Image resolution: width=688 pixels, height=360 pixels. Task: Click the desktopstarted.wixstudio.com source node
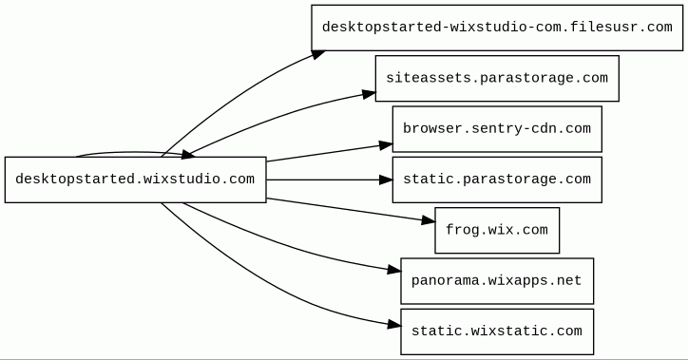[136, 180]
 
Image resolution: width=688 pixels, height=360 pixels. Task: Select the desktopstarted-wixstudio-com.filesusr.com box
[497, 28]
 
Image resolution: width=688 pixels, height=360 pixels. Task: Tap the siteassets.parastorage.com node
[497, 79]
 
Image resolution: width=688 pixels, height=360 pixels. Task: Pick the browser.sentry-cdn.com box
[497, 129]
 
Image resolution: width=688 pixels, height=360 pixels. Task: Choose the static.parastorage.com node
[497, 180]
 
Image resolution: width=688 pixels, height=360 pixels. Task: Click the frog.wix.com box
[497, 230]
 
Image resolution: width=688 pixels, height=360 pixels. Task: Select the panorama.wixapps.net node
[497, 281]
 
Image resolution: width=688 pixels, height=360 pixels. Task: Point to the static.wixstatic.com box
[497, 332]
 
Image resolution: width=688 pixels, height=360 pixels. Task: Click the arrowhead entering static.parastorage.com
[386, 180]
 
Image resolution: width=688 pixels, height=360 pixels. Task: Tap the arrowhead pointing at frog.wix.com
[429, 220]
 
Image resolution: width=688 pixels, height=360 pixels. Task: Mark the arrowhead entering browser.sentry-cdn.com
[386, 145]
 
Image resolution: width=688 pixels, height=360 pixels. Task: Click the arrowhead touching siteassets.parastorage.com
[369, 94]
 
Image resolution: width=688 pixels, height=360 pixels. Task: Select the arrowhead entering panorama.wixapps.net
[394, 270]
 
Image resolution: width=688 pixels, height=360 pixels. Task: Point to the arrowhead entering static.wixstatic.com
[394, 325]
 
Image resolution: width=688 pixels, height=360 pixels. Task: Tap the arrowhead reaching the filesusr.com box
[318, 54]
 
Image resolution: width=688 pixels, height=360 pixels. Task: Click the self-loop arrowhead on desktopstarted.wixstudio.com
[188, 154]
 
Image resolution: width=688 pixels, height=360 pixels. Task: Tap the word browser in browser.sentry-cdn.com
[429, 128]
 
